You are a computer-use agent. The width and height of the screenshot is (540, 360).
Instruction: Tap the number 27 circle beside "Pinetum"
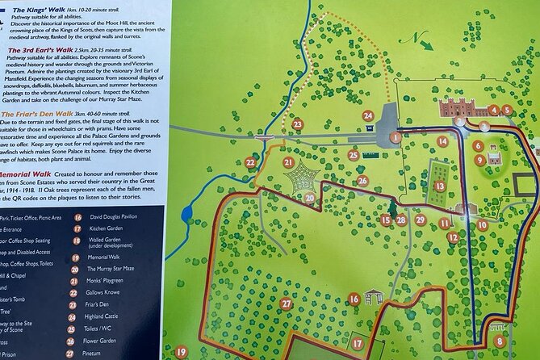(x=77, y=353)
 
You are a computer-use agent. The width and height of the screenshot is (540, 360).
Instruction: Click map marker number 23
(x=298, y=123)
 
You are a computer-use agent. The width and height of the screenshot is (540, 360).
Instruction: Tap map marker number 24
(x=368, y=115)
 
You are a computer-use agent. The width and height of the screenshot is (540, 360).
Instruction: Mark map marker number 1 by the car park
(x=396, y=137)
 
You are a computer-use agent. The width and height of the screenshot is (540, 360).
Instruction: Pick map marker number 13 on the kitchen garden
(x=439, y=186)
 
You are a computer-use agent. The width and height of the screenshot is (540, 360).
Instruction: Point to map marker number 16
(x=354, y=299)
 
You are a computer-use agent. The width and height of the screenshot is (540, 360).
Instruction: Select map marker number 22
(x=250, y=163)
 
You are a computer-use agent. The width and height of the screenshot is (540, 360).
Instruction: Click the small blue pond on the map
(x=188, y=215)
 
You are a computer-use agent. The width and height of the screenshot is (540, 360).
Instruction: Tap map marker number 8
(x=500, y=341)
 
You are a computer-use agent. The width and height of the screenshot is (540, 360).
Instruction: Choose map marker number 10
(x=482, y=225)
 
